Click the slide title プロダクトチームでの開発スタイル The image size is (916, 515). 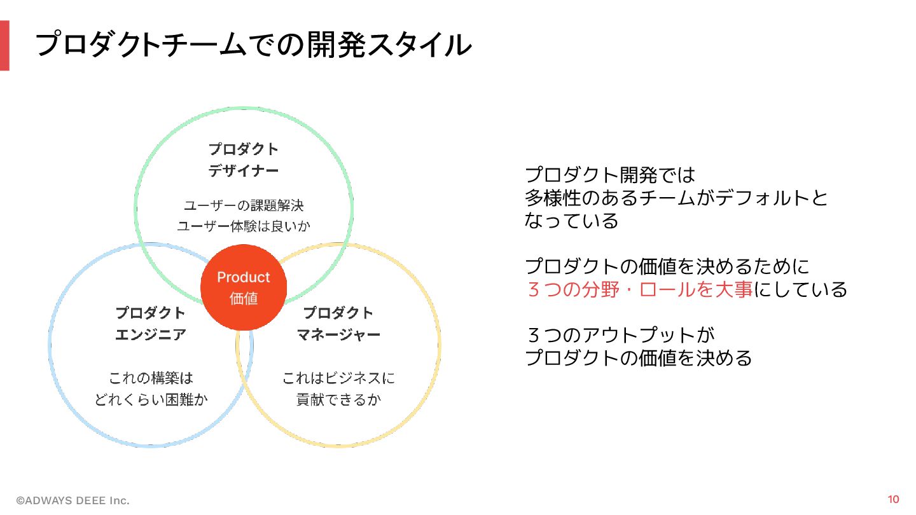[x=253, y=45]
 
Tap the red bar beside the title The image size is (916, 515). [x=4, y=45]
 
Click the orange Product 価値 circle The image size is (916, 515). [x=244, y=287]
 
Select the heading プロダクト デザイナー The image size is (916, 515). [x=244, y=160]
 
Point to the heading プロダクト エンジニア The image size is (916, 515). [x=151, y=323]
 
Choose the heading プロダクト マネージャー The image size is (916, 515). [x=338, y=323]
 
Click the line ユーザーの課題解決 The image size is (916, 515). [x=244, y=205]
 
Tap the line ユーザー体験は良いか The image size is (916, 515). [x=244, y=226]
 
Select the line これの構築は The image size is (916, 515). [x=151, y=378]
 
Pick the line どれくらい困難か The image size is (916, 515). [x=151, y=399]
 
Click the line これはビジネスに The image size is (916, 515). [x=338, y=378]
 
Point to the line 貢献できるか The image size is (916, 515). [x=338, y=399]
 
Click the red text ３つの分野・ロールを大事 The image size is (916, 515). [x=640, y=289]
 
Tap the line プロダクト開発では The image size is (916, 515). [x=610, y=174]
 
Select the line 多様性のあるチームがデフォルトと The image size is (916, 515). [x=676, y=198]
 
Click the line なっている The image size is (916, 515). [x=571, y=221]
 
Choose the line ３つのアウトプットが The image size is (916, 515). [x=621, y=335]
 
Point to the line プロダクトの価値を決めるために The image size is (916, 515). [x=667, y=266]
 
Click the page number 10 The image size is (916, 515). [x=893, y=499]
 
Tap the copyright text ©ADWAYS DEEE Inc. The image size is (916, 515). [x=73, y=501]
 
